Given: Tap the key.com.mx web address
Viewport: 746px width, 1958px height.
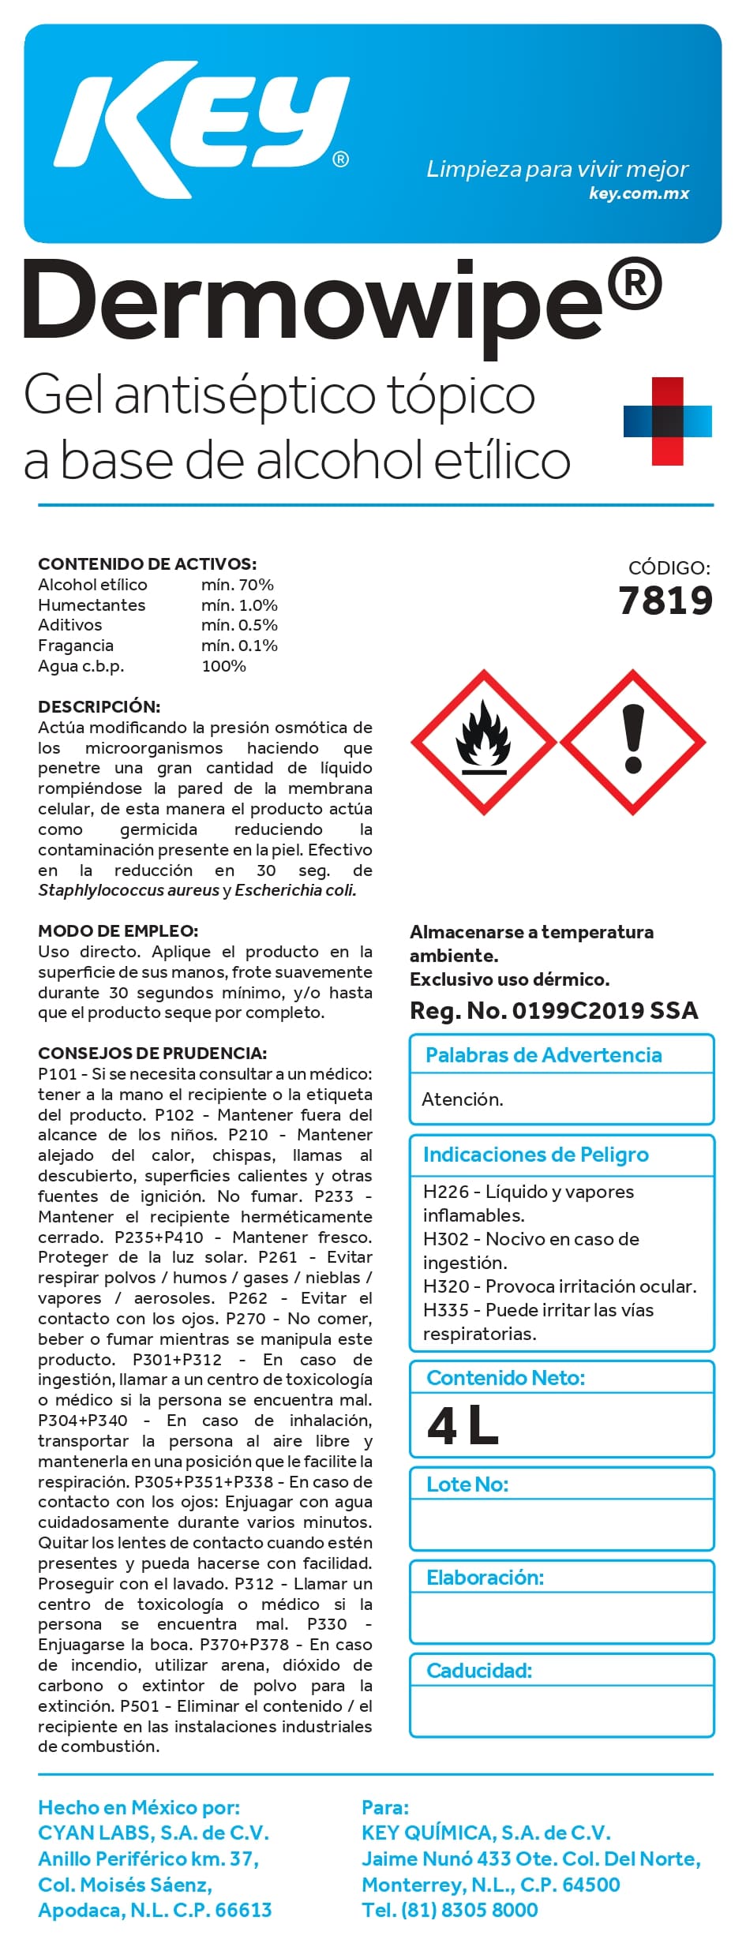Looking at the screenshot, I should coord(639,193).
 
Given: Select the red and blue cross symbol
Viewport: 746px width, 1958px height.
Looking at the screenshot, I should coord(667,421).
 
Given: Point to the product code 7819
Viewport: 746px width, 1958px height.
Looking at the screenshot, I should coord(665,601).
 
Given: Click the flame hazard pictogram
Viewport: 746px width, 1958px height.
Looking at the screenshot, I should coord(483,742).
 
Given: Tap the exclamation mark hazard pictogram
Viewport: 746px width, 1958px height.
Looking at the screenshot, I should coord(633,742).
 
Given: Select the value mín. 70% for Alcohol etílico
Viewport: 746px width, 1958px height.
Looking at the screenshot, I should coord(237,585).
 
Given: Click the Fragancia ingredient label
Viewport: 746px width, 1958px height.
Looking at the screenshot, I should coord(76,646).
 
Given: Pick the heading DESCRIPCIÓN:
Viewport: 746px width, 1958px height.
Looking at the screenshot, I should coord(99,706).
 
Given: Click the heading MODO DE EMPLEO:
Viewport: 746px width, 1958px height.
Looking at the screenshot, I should coord(118,931).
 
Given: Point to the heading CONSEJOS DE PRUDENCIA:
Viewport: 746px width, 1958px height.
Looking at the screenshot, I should coord(152,1054).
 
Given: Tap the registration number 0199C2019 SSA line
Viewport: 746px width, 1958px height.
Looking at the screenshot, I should coord(553,1011).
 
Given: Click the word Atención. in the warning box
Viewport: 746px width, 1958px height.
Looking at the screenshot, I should coord(463,1099).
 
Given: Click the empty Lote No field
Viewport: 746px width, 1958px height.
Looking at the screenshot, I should coord(561,1524).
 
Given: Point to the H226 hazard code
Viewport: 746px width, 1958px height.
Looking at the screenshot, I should coord(446,1192).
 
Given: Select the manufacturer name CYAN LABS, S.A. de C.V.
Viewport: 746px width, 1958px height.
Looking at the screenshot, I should coord(154,1833).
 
